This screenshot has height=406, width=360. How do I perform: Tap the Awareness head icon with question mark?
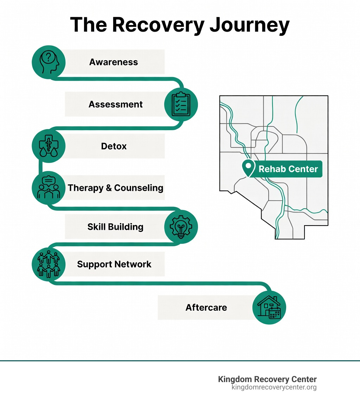[49, 62]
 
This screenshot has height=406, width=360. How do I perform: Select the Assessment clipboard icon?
[181, 104]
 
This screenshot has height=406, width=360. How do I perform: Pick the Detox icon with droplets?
[49, 146]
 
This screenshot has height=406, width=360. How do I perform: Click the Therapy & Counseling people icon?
[49, 188]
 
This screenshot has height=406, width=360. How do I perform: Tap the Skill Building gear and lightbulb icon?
[181, 227]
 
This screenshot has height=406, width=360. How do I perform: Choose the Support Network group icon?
[49, 264]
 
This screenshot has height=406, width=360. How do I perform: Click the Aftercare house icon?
[269, 307]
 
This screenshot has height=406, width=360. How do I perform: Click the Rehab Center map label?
[288, 169]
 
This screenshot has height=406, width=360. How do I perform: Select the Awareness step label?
[114, 62]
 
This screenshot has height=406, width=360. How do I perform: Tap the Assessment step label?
[116, 104]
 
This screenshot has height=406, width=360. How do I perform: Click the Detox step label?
[114, 146]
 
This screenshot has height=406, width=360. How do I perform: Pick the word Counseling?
[139, 188]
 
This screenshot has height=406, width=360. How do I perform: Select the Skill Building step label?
[115, 227]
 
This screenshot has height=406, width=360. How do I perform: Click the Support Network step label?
[114, 264]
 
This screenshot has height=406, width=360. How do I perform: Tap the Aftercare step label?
[206, 307]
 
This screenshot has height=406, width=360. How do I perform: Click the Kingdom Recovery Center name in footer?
[267, 379]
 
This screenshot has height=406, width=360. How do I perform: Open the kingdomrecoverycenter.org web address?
[274, 387]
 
